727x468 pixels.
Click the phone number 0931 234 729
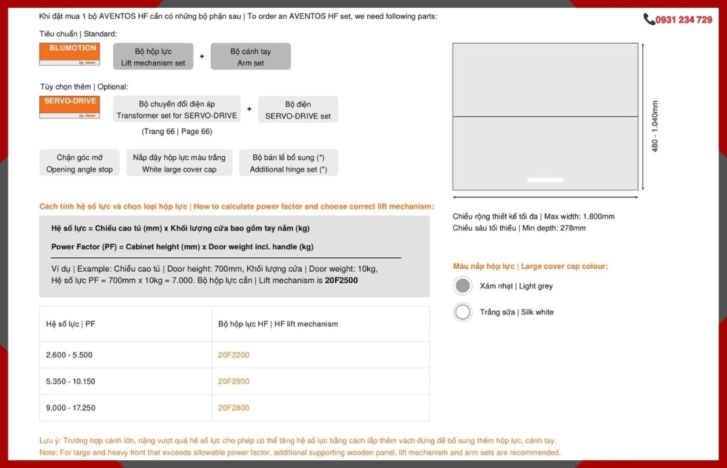click(x=683, y=20)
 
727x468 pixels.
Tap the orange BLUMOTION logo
click(x=70, y=54)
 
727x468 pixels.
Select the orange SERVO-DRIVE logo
click(x=70, y=107)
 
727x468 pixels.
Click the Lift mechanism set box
click(x=153, y=57)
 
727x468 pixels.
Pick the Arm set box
click(x=250, y=57)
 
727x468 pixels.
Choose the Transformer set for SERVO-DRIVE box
click(x=176, y=110)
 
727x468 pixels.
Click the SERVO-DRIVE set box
click(x=298, y=110)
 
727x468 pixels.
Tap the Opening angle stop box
click(x=79, y=163)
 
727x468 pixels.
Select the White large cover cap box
click(x=179, y=163)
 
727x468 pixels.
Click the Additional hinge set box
click(x=288, y=163)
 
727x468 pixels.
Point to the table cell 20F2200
click(x=234, y=355)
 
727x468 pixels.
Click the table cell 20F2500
click(x=234, y=381)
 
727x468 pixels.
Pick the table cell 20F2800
click(x=234, y=408)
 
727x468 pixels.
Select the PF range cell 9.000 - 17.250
click(x=71, y=408)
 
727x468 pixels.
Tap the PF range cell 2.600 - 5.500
click(x=69, y=355)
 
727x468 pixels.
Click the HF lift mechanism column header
click(x=278, y=324)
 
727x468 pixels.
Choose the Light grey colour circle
click(x=463, y=286)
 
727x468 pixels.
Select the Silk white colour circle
click(x=463, y=312)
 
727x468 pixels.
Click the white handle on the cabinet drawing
click(x=545, y=180)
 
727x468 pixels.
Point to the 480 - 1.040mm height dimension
click(x=655, y=126)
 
